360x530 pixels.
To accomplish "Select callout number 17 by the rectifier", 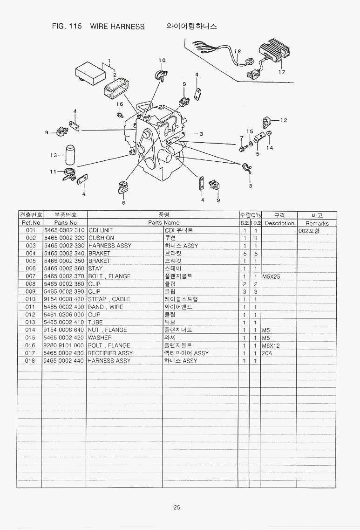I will pos(282,72).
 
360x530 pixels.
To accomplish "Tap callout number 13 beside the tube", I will pos(54,155).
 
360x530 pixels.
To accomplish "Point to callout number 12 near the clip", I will pos(284,120).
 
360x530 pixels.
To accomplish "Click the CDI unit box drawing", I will pos(90,73).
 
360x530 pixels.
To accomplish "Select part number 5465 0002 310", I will pos(64,230).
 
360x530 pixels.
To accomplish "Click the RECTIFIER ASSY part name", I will pos(110,353).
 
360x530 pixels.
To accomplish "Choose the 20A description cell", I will pos(267,353).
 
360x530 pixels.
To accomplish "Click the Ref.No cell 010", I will pos(30,299).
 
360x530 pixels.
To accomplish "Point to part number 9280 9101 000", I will pos(64,345).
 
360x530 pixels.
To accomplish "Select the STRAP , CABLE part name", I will pos(109,299).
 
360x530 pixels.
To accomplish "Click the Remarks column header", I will pos(317,223).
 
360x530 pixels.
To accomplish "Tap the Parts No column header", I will pos(65,223).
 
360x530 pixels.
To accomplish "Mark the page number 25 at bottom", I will pos(177,508).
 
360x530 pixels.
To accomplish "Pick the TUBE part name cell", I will pos(96,322).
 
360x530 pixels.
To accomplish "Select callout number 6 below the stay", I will pos(124,203).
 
